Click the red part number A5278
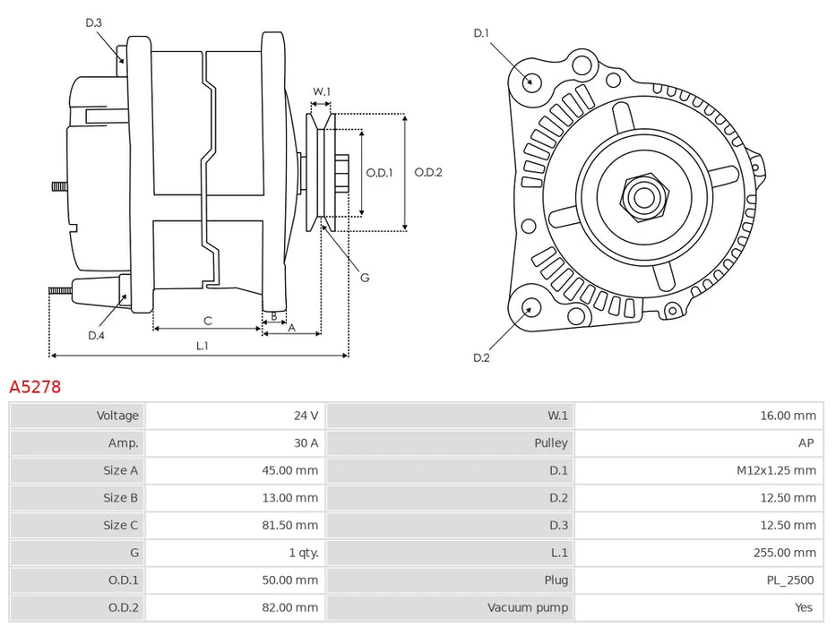click(x=35, y=388)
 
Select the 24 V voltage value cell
click(x=306, y=416)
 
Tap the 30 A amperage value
click(x=306, y=443)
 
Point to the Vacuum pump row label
click(x=529, y=608)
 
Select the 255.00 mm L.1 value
click(x=784, y=553)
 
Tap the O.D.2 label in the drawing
click(x=428, y=173)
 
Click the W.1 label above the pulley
click(x=322, y=91)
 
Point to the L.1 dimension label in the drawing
click(x=202, y=346)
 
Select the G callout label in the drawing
click(x=365, y=278)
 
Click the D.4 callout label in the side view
click(x=96, y=336)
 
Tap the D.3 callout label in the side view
click(x=94, y=22)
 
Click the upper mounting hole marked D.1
click(x=530, y=81)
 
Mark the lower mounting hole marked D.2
click(x=530, y=310)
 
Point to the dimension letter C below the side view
click(x=208, y=321)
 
